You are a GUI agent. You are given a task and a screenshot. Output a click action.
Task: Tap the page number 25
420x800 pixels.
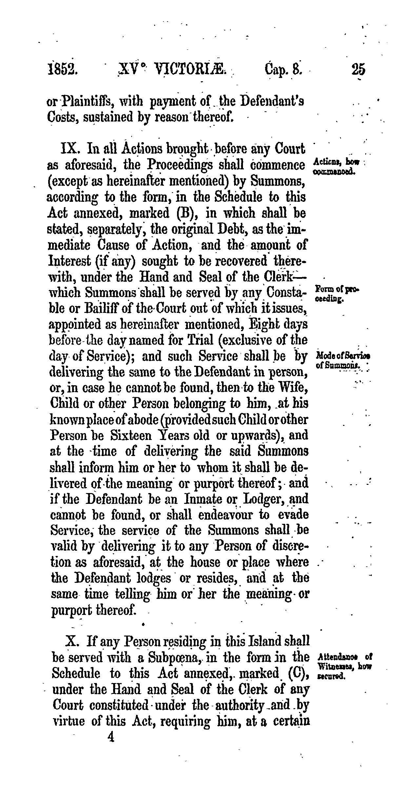click(x=358, y=70)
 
